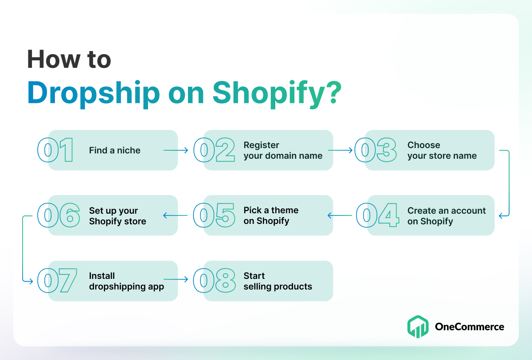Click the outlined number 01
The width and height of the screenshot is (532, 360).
[55, 150]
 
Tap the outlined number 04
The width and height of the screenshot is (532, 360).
[377, 215]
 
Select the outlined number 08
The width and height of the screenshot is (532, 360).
[214, 281]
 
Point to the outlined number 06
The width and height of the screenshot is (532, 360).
[59, 215]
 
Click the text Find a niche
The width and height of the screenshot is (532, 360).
[115, 150]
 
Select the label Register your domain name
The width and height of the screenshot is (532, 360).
[283, 150]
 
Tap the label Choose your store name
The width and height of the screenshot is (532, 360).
[442, 150]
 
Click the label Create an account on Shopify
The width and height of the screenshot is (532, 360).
[446, 215]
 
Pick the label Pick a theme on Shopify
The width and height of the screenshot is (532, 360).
[271, 215]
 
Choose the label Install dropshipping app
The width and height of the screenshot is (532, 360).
[126, 281]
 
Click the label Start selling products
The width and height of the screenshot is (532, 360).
[278, 281]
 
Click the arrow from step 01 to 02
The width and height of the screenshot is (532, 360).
[176, 150]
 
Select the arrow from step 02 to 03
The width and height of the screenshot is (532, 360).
[340, 150]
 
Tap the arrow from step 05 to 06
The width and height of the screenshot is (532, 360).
[175, 215]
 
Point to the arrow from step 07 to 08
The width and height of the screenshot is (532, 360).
[176, 279]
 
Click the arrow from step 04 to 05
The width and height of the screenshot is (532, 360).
[340, 215]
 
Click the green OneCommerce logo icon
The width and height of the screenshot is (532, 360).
[418, 326]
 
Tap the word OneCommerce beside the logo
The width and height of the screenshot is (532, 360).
[469, 327]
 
